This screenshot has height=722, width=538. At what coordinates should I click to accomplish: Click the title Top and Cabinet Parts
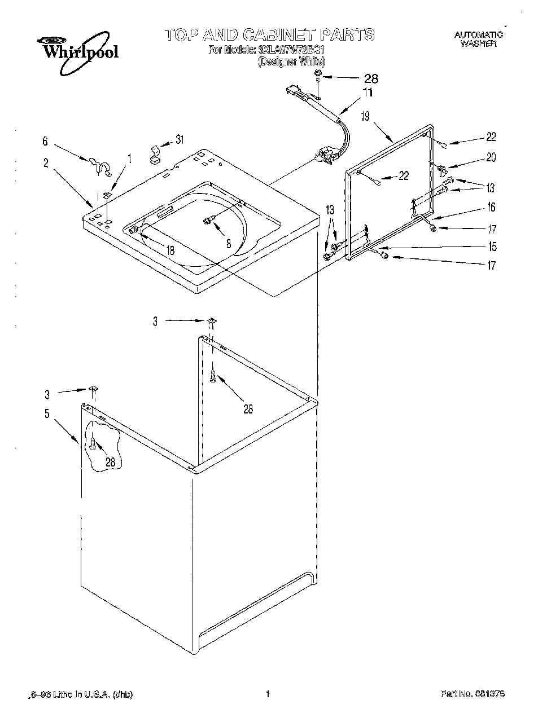(x=269, y=34)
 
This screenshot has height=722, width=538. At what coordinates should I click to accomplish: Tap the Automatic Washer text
(x=478, y=39)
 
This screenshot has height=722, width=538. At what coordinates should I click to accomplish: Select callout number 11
(x=368, y=93)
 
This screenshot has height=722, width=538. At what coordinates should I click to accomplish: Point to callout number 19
(x=365, y=116)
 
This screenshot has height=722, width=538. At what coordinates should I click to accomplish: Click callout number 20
(x=491, y=157)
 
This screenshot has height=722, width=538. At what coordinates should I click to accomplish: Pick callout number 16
(x=491, y=208)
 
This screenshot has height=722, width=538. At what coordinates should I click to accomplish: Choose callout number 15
(x=492, y=246)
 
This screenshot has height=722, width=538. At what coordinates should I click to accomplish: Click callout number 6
(x=45, y=142)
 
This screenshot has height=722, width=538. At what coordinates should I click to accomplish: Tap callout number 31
(x=180, y=139)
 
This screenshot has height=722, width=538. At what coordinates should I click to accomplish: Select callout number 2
(x=45, y=163)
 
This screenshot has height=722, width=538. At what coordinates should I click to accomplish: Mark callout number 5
(x=47, y=413)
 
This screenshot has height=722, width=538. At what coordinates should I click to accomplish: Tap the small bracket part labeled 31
(x=154, y=153)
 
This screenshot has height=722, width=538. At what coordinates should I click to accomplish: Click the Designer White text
(x=291, y=61)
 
